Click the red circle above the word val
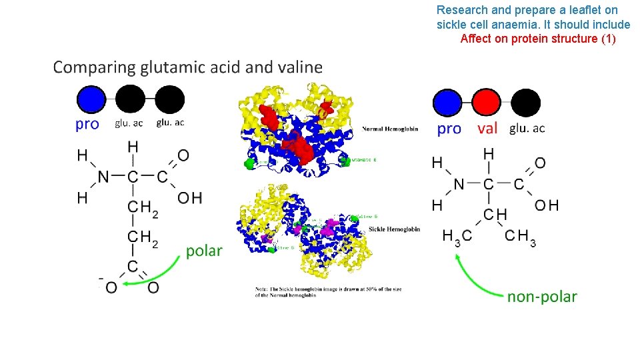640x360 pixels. click(487, 103)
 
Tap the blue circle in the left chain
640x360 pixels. click(91, 100)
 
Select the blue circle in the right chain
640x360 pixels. click(447, 103)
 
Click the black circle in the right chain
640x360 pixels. click(527, 103)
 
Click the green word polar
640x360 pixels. click(204, 251)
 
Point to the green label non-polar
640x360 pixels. click(542, 297)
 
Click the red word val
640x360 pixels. click(488, 129)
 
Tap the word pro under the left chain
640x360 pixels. click(87, 124)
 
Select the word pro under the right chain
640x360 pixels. click(449, 129)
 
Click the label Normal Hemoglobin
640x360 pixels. click(390, 129)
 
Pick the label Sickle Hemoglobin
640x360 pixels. click(394, 229)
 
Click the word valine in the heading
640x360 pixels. click(297, 67)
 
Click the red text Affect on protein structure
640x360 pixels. click(538, 39)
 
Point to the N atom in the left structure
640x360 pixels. click(103, 177)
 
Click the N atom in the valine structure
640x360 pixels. click(459, 184)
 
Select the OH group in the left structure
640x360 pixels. click(190, 198)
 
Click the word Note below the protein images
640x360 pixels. click(264, 289)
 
